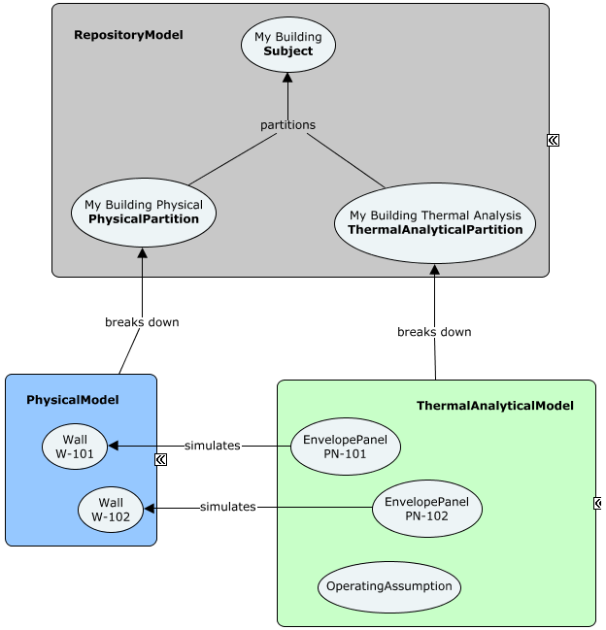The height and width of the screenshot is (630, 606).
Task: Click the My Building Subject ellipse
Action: (288, 45)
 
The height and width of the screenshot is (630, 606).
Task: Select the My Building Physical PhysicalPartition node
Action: (144, 212)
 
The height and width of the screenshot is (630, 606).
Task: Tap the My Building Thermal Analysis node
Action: (434, 222)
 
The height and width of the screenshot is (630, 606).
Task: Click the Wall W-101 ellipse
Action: (75, 447)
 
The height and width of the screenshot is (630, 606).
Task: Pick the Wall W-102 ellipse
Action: (111, 509)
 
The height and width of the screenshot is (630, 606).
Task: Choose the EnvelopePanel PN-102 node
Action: (426, 509)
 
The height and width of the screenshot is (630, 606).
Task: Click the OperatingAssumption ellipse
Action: (388, 586)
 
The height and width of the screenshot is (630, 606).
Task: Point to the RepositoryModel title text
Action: (128, 35)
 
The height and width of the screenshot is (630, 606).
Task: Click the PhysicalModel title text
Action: (73, 400)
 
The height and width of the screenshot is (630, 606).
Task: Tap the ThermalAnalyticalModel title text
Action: (494, 406)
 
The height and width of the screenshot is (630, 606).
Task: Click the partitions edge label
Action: (287, 125)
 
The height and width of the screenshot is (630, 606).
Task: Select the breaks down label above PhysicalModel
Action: (142, 322)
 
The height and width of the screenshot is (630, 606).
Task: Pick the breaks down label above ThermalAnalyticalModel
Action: (434, 332)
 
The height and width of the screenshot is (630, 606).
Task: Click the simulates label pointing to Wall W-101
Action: (212, 446)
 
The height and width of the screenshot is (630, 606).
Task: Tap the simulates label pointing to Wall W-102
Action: (227, 507)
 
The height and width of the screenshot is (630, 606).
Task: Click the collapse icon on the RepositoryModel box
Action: (553, 140)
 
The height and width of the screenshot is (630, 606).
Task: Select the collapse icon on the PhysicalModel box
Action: (161, 460)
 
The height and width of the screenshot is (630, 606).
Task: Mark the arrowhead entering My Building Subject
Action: (287, 78)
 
